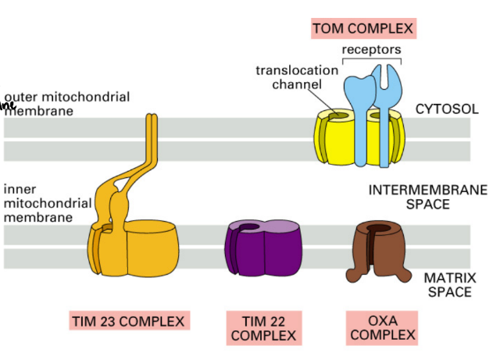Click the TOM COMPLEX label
click(363, 30)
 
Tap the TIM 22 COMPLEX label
click(263, 328)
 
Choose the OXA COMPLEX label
click(381, 328)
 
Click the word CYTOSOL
click(446, 109)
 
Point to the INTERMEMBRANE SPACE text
click(427, 197)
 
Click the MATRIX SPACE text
click(447, 284)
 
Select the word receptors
click(371, 50)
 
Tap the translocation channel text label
click(297, 76)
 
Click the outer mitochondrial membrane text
click(67, 104)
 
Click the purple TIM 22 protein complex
click(265, 250)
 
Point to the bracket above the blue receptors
click(371, 59)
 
